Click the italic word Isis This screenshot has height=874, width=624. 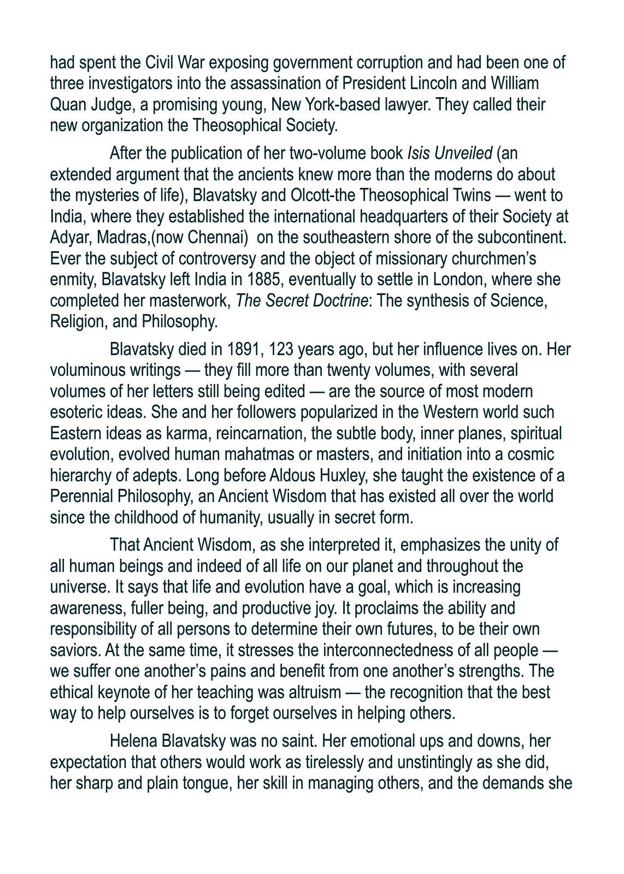coord(419,153)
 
